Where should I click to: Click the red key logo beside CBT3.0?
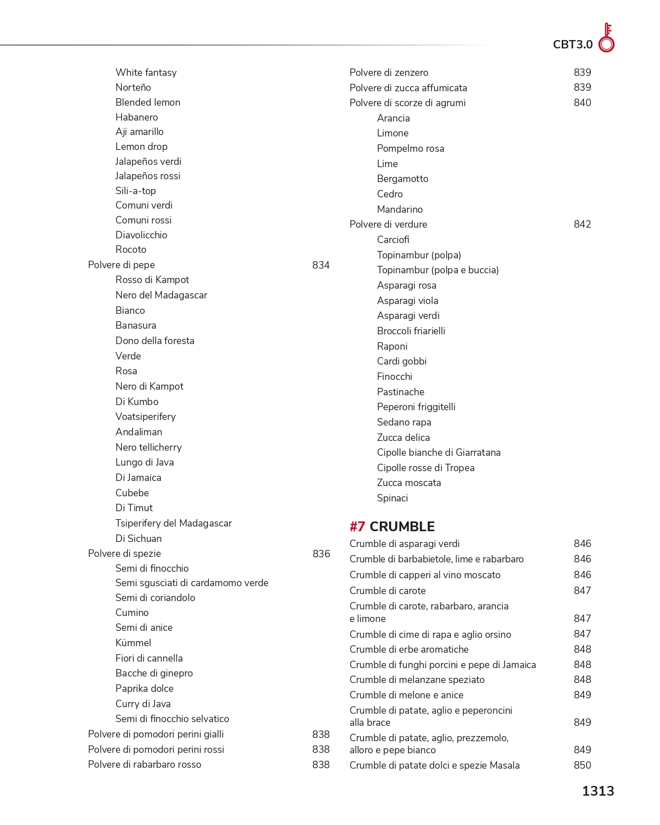pos(606,38)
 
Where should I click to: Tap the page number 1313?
pos(598,791)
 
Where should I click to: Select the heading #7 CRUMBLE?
pos(392,527)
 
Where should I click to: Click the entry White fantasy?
pos(146,73)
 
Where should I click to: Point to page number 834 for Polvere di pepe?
pos(321,265)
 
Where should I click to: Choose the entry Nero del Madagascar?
pos(161,295)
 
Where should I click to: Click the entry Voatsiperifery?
pos(145,417)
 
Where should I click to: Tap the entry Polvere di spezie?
pos(124,554)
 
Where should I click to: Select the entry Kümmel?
pos(133,643)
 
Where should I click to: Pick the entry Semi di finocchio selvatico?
pos(172,719)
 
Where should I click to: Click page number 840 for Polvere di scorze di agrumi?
pos(582,103)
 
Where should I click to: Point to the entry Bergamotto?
pos(403,179)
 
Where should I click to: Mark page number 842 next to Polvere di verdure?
pos(582,224)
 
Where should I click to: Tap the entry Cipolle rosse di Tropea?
pos(425,468)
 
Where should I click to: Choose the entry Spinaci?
pos(392,498)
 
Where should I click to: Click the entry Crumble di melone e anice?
pos(406,695)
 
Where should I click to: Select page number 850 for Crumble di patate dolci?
pos(582,765)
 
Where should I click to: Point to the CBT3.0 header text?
pos(572,45)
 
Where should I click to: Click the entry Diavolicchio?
pos(141,235)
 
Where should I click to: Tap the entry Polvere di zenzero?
pos(389,73)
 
